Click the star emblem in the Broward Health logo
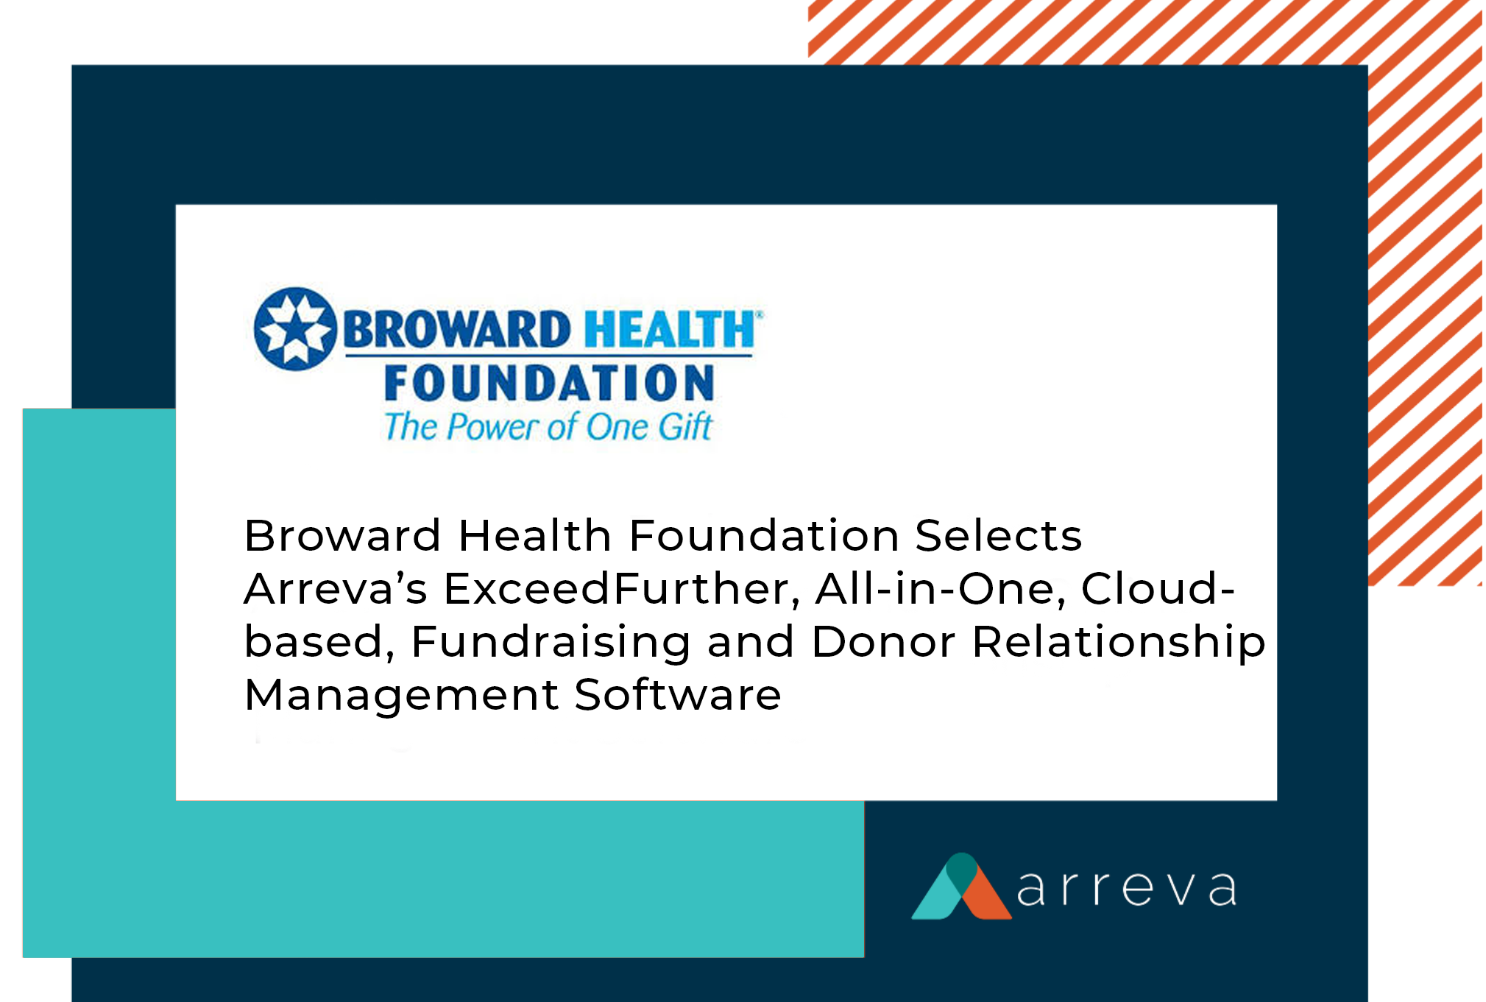(295, 328)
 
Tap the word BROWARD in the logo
(457, 329)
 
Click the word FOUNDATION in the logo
(549, 384)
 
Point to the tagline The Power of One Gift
(548, 427)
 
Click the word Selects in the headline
(999, 535)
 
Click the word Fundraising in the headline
(551, 643)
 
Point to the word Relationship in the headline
(1119, 643)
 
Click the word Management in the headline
(402, 696)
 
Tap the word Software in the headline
(678, 695)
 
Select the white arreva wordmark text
(1127, 889)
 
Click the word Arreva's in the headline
(336, 589)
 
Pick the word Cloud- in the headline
(1158, 588)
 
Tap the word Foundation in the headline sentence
(764, 535)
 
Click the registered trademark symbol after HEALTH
(760, 314)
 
